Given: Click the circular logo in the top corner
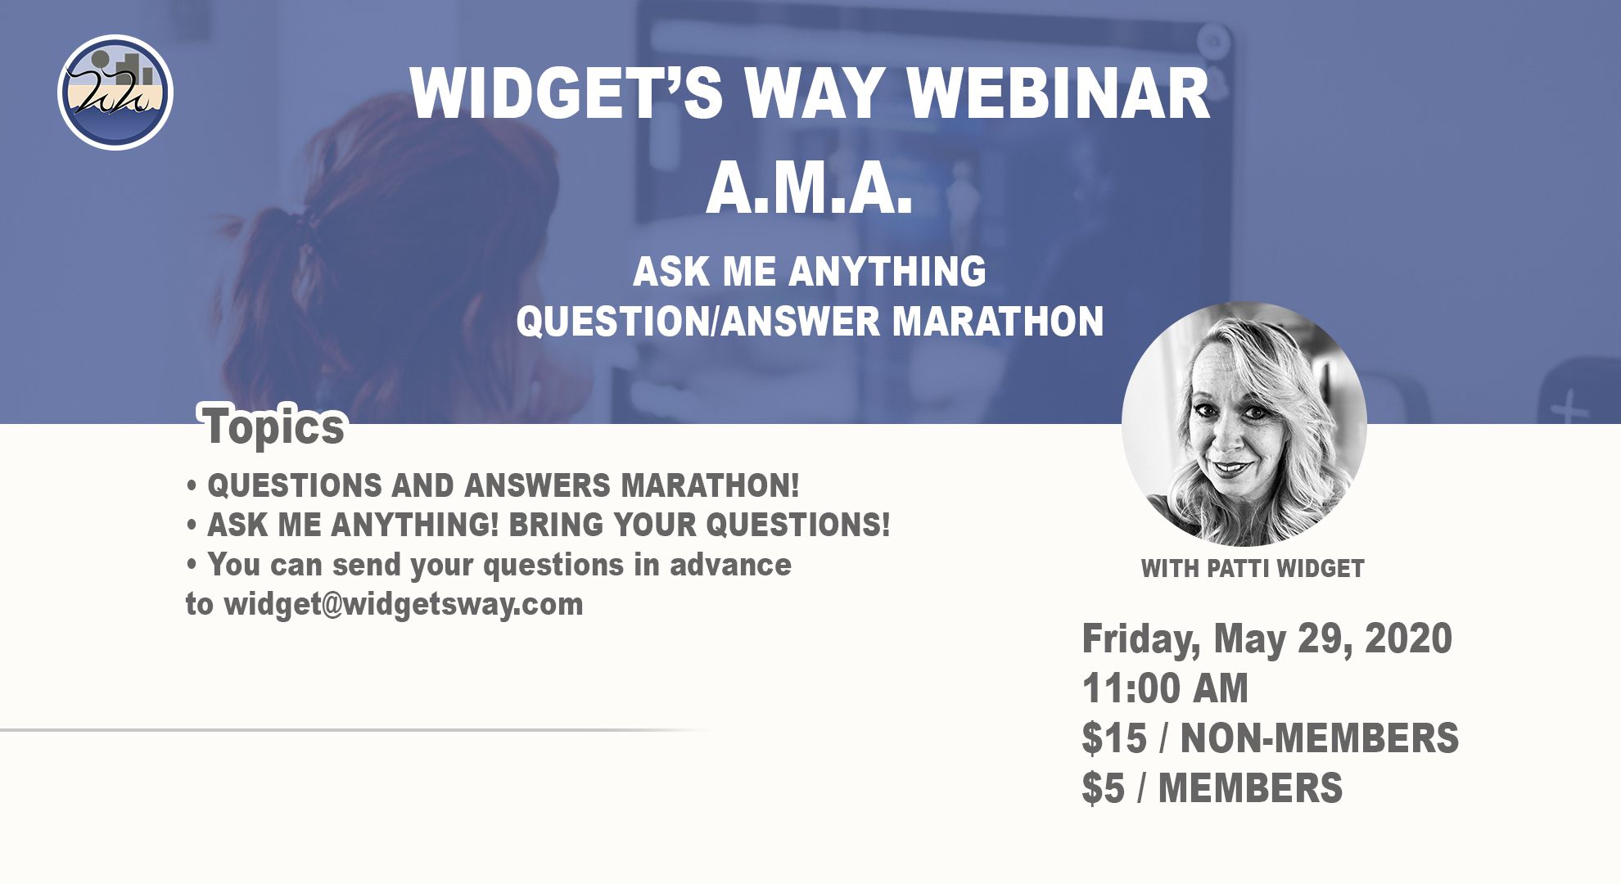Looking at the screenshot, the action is pyautogui.click(x=115, y=92).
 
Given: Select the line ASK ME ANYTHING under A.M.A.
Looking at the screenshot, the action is pyautogui.click(x=810, y=271).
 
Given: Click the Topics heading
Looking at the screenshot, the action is pyautogui.click(x=274, y=426).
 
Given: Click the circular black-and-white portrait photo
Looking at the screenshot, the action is pyautogui.click(x=1244, y=424).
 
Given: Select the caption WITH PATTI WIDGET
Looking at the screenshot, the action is pyautogui.click(x=1253, y=568).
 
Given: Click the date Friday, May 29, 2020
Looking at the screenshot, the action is pyautogui.click(x=1267, y=638).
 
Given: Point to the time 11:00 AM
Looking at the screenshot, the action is pyautogui.click(x=1165, y=688).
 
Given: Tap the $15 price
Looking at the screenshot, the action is pyautogui.click(x=1114, y=737).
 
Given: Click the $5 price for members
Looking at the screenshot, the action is pyautogui.click(x=1103, y=787).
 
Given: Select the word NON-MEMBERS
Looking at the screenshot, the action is pyautogui.click(x=1319, y=737).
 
